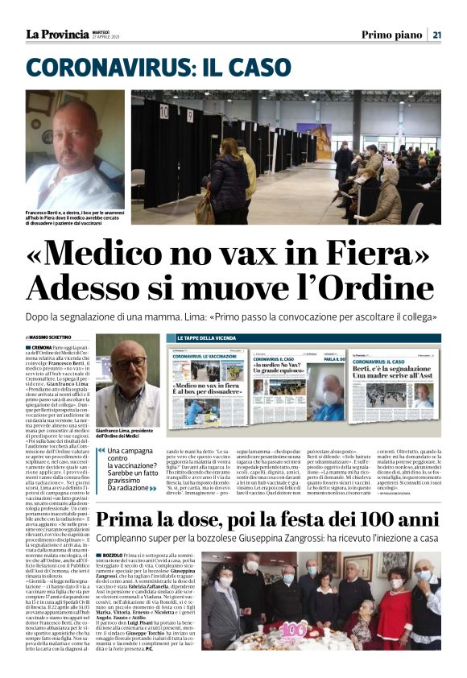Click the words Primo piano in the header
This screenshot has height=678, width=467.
point(390,35)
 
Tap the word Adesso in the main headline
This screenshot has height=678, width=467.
point(93,287)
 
